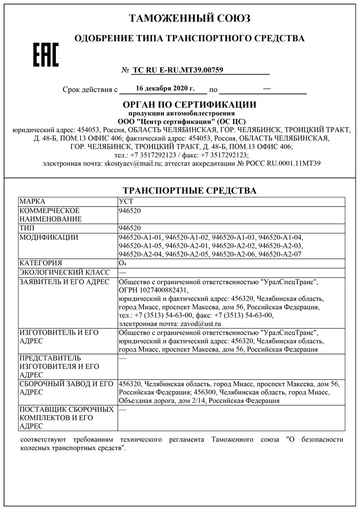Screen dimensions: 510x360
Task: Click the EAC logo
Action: point(46,55)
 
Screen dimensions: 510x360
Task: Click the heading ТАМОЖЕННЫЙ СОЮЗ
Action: point(189,18)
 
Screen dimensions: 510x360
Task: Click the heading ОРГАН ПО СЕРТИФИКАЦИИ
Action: point(189,104)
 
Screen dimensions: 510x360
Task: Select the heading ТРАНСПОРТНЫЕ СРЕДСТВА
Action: point(189,190)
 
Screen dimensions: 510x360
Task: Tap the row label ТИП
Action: point(27,228)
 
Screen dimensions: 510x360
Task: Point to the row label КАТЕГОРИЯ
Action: point(41,264)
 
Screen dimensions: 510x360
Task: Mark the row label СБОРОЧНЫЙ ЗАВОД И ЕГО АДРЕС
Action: point(65,388)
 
